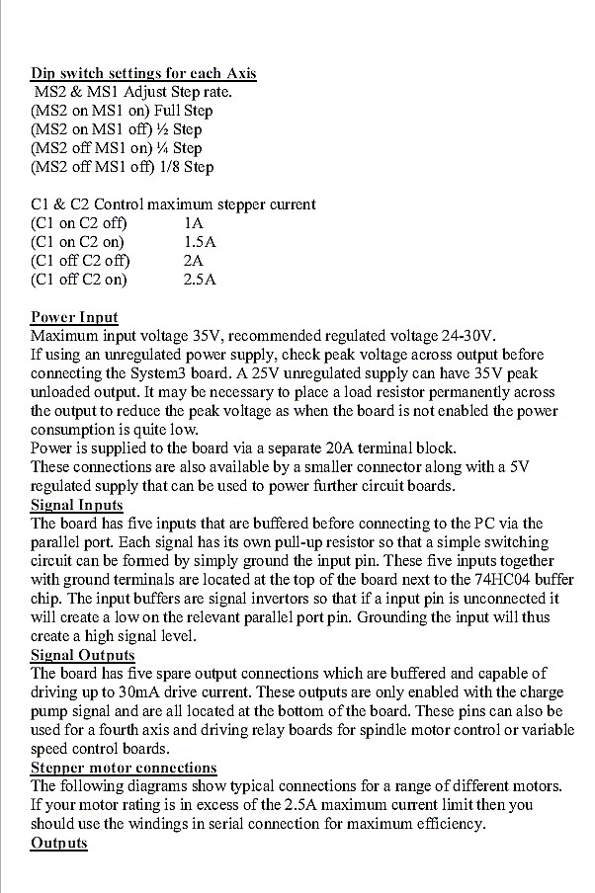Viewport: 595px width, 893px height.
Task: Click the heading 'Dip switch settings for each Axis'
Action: point(144,73)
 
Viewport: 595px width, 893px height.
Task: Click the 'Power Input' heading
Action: point(74,317)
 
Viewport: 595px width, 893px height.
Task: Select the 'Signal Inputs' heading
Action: point(77,505)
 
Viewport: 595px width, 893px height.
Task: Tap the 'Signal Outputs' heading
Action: point(83,655)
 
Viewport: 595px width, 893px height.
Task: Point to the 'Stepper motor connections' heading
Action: point(124,768)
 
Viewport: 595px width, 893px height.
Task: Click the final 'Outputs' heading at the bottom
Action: point(59,843)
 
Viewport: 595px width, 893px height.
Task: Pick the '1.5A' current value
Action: point(200,242)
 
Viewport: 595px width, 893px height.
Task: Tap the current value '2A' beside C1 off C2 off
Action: point(194,261)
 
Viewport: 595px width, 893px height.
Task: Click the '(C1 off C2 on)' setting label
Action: point(79,280)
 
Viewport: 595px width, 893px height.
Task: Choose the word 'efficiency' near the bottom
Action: point(451,824)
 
